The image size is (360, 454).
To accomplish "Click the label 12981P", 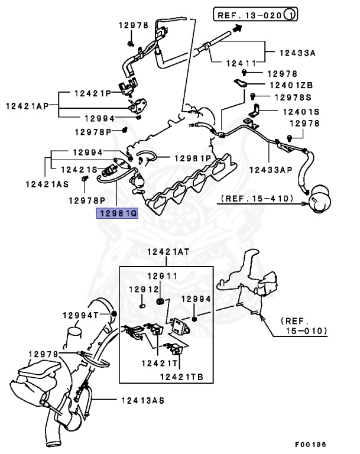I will pyautogui.click(x=192, y=158).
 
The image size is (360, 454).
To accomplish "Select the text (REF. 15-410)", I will pyautogui.click(x=257, y=198).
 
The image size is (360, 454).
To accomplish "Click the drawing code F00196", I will pyautogui.click(x=310, y=443).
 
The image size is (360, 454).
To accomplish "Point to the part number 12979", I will pyautogui.click(x=43, y=354).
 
